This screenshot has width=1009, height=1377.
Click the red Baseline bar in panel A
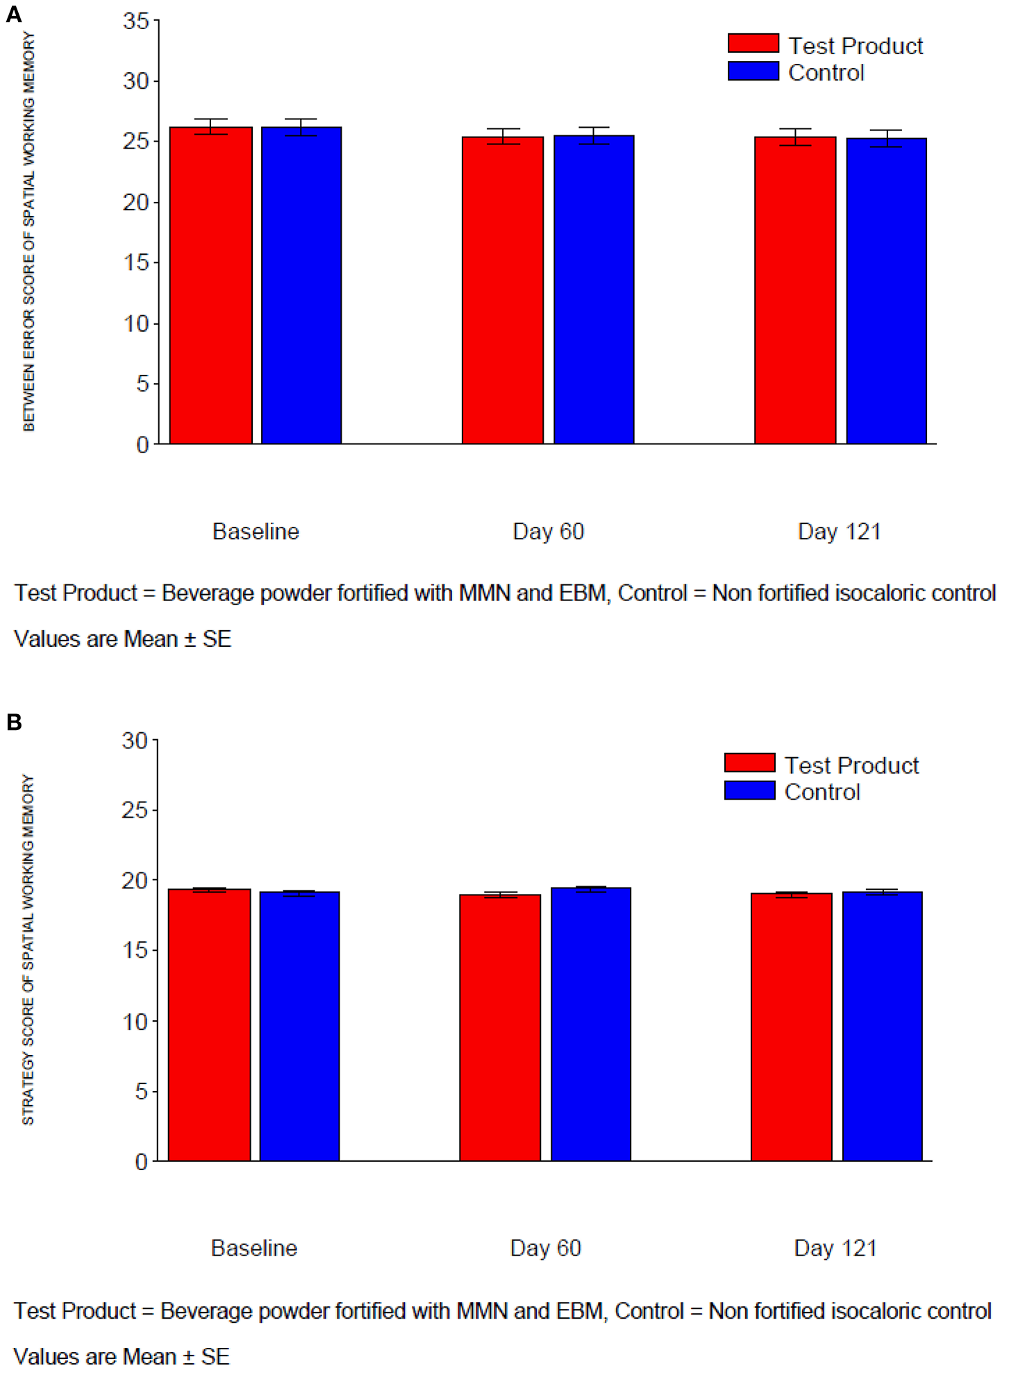[210, 285]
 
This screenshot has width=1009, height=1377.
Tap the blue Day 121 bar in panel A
[886, 291]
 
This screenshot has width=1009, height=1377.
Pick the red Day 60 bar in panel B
[500, 1028]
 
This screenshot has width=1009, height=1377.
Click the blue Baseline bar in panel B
[299, 1027]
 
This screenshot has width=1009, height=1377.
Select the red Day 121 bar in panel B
[792, 1027]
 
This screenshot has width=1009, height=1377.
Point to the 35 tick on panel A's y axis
[136, 21]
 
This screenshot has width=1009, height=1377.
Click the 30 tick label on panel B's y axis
[135, 741]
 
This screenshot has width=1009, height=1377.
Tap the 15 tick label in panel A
[136, 262]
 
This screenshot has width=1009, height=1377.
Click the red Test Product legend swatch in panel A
[753, 43]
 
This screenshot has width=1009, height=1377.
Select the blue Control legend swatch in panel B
[749, 791]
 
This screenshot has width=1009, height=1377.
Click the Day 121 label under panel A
[839, 532]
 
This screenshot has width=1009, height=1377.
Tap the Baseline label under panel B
[254, 1248]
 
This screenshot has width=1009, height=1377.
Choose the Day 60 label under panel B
[545, 1248]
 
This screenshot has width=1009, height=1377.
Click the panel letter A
[13, 14]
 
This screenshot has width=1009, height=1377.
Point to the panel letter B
[14, 723]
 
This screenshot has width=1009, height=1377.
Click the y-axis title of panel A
[28, 231]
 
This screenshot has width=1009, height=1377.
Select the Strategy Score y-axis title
[28, 949]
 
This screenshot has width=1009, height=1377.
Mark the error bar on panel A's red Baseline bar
[210, 126]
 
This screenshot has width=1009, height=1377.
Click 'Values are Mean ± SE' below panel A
[122, 639]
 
